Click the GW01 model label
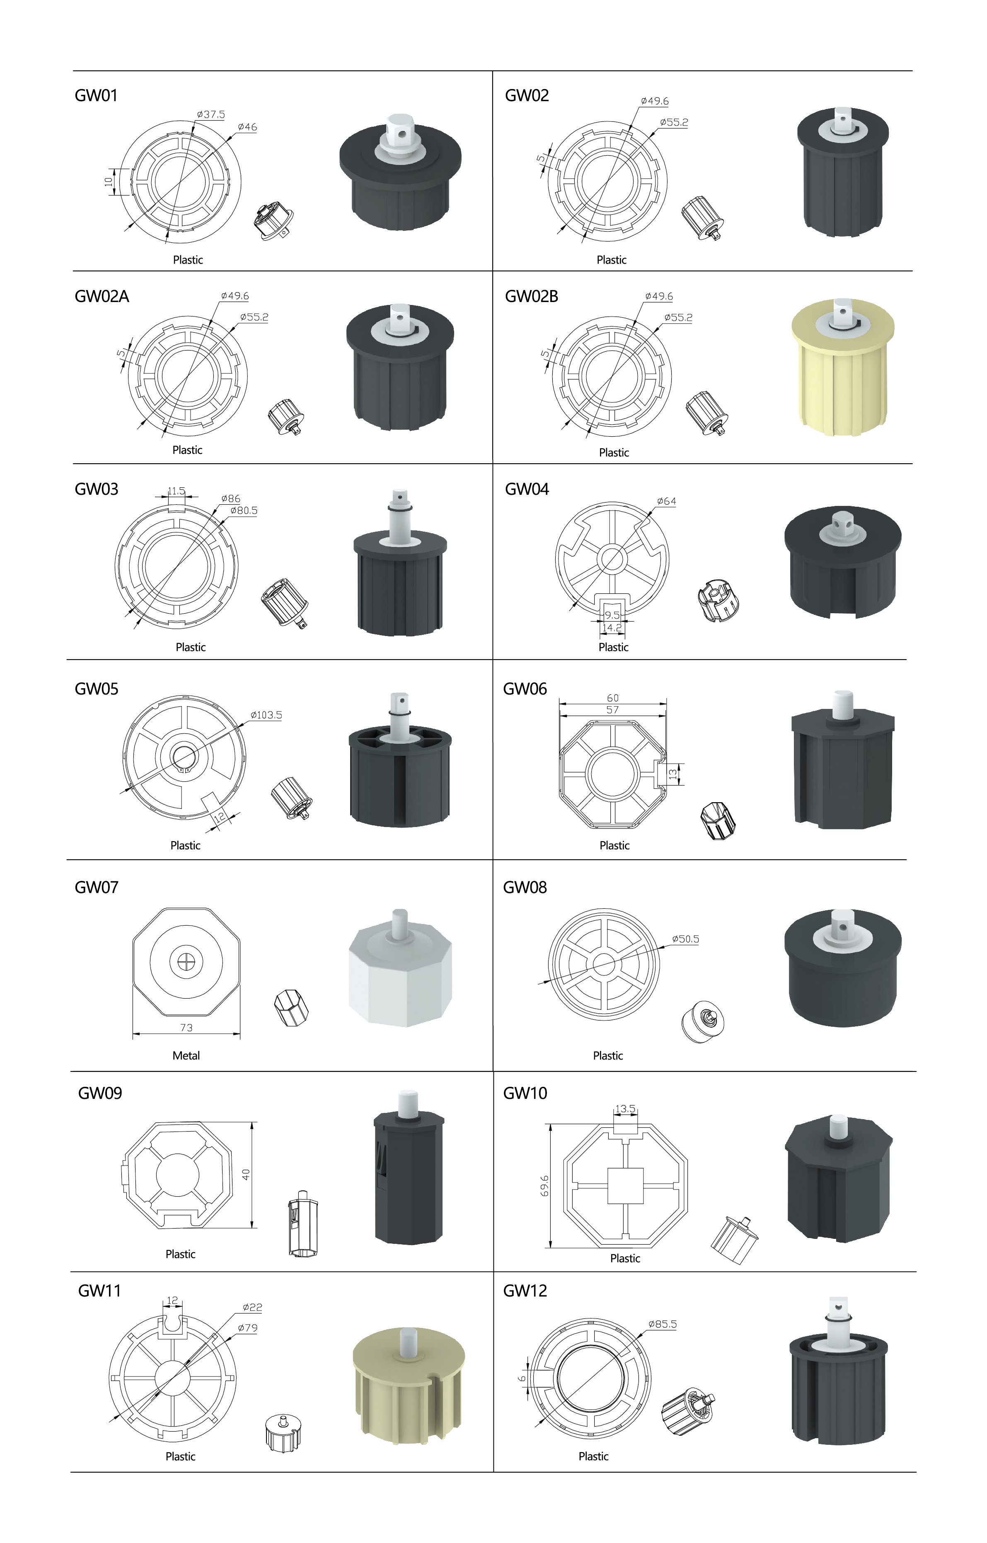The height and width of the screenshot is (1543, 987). coord(96,95)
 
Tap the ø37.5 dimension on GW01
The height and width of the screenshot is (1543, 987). coord(211,115)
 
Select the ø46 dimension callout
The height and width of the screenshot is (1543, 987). coord(247,127)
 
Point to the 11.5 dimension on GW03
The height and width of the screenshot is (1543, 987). coord(176,491)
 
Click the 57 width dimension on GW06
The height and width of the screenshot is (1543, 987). coord(613,710)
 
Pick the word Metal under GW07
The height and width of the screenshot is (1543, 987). coord(186,1055)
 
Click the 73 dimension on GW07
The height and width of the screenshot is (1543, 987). coord(186,1027)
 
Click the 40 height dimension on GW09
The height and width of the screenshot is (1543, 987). coord(246,1174)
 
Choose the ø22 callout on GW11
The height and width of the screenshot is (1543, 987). coord(252,1307)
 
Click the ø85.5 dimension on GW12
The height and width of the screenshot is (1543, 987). coord(662,1324)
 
